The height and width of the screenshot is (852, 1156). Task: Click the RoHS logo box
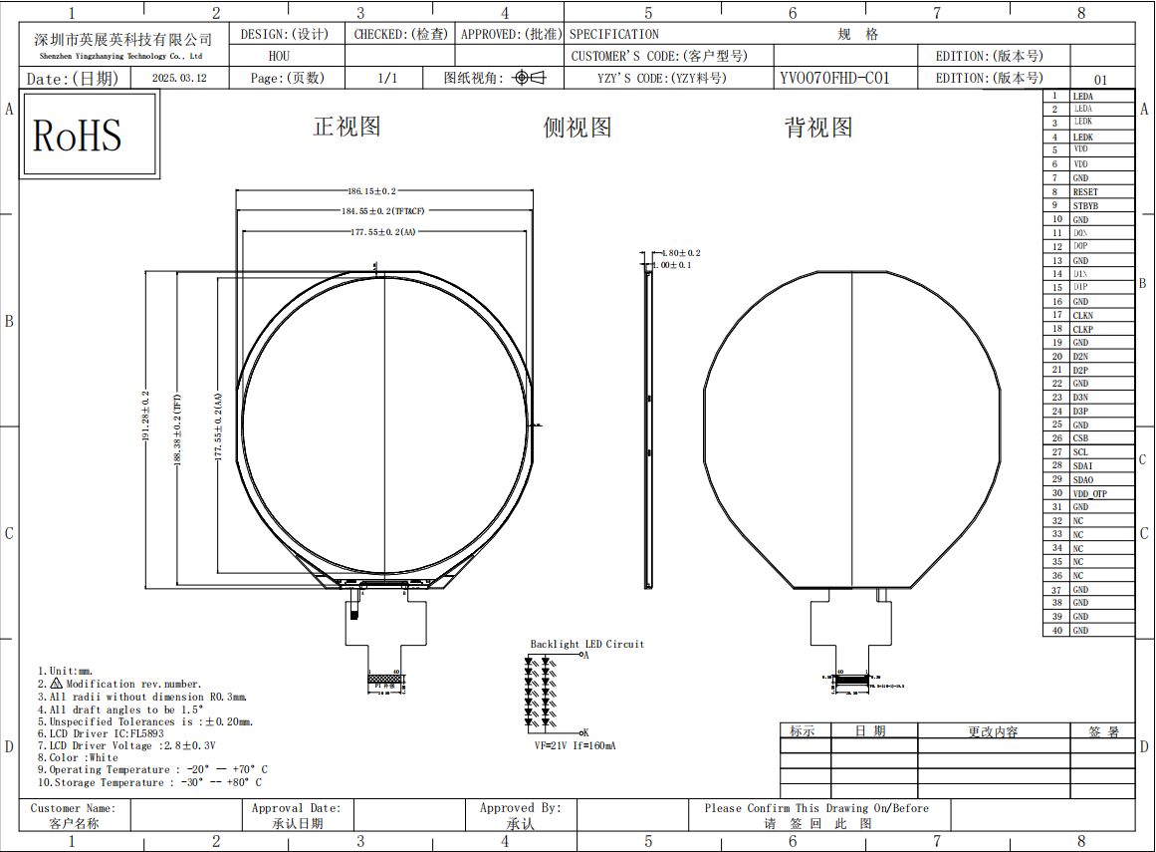click(90, 135)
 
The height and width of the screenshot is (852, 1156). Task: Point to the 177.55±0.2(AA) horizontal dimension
click(382, 232)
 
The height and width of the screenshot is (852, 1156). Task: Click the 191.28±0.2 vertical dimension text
click(145, 417)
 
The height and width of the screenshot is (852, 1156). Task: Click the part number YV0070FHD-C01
click(834, 78)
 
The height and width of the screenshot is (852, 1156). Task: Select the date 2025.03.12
click(179, 78)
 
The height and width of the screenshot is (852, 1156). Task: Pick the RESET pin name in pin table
click(1085, 192)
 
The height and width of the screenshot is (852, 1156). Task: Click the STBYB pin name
click(1085, 206)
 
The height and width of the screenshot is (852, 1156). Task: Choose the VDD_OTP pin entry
click(1089, 494)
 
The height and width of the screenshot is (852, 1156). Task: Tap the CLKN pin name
click(1082, 316)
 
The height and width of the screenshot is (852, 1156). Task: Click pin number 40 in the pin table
click(1056, 631)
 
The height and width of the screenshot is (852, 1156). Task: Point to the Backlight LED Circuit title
click(586, 644)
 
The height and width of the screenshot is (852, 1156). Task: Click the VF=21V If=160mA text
click(575, 745)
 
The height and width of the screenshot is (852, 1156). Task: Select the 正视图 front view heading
click(347, 127)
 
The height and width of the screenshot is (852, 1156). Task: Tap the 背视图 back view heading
click(818, 128)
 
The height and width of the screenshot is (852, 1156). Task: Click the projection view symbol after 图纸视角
click(530, 78)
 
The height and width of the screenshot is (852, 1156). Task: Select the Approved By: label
click(520, 808)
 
